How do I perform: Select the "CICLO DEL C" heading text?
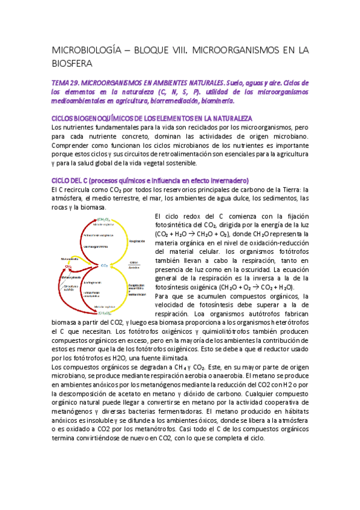(x=71, y=181)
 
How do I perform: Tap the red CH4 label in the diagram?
(x=69, y=266)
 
